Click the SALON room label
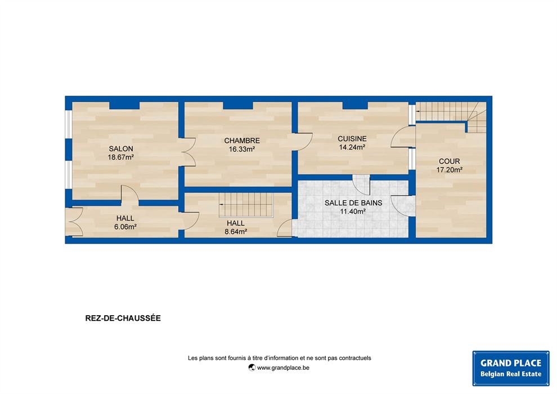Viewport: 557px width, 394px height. (x=121, y=149)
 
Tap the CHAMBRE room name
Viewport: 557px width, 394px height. (x=242, y=141)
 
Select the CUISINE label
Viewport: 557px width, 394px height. (x=352, y=139)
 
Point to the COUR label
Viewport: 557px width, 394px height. (x=450, y=162)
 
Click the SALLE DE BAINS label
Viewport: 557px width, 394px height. (x=353, y=203)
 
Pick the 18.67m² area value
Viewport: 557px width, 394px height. (x=121, y=157)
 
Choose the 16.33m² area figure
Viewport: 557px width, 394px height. (x=241, y=149)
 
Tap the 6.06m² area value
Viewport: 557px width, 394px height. (x=125, y=227)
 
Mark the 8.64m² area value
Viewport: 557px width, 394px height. (x=236, y=232)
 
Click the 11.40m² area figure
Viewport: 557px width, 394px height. (x=353, y=212)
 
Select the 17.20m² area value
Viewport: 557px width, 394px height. (x=450, y=170)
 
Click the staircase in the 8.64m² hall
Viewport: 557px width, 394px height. (x=246, y=205)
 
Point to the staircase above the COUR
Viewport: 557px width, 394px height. (x=451, y=116)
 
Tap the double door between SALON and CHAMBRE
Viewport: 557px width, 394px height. (x=188, y=152)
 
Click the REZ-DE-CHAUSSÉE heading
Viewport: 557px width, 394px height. (x=123, y=318)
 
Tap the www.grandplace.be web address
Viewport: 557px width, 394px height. (x=283, y=368)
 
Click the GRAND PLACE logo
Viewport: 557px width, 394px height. (x=511, y=369)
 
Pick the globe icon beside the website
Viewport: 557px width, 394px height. (x=252, y=368)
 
